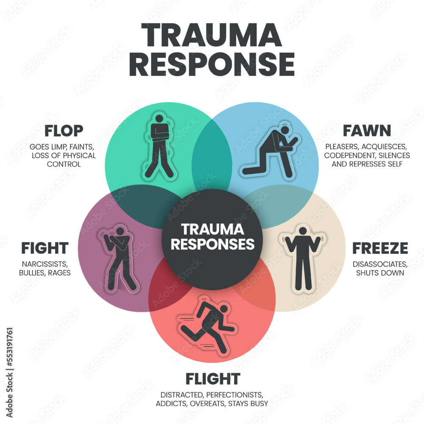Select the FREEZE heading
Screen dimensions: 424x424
pos(380,248)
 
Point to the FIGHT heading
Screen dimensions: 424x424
pos(45,248)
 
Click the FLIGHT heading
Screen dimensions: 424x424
pos(213,378)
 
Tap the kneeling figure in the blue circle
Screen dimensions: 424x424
pos(271,148)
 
